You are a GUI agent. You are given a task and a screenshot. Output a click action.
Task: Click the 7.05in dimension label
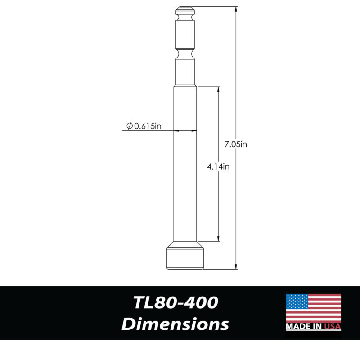235,144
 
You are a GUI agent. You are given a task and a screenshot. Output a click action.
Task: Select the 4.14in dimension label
218,166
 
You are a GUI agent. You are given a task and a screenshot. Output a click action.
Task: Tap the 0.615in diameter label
148,126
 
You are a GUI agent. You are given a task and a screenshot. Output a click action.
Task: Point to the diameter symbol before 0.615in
130,126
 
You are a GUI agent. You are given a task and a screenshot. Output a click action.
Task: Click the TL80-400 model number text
175,302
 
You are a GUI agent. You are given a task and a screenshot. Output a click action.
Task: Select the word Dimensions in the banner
175,324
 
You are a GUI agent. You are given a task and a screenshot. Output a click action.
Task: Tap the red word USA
333,326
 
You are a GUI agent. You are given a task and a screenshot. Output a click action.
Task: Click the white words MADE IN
304,326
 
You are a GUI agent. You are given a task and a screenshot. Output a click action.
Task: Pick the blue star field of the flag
297,301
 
